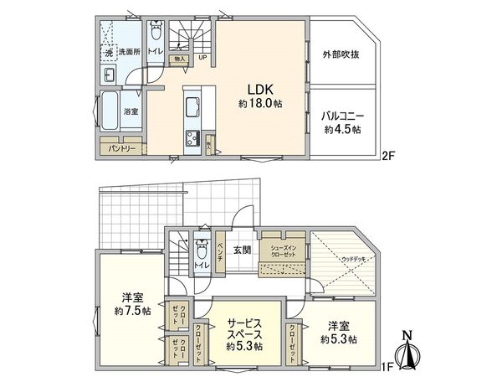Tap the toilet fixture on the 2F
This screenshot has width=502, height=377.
(x=156, y=34)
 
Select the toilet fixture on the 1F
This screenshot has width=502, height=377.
(x=201, y=249)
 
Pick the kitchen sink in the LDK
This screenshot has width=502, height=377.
(x=190, y=106)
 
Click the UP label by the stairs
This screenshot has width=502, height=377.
(x=202, y=58)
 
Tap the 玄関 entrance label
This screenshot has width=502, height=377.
(x=242, y=250)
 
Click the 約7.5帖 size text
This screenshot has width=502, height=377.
(x=131, y=310)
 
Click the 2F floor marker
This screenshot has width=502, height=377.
(x=387, y=155)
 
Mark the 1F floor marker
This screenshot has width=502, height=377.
(x=387, y=365)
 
